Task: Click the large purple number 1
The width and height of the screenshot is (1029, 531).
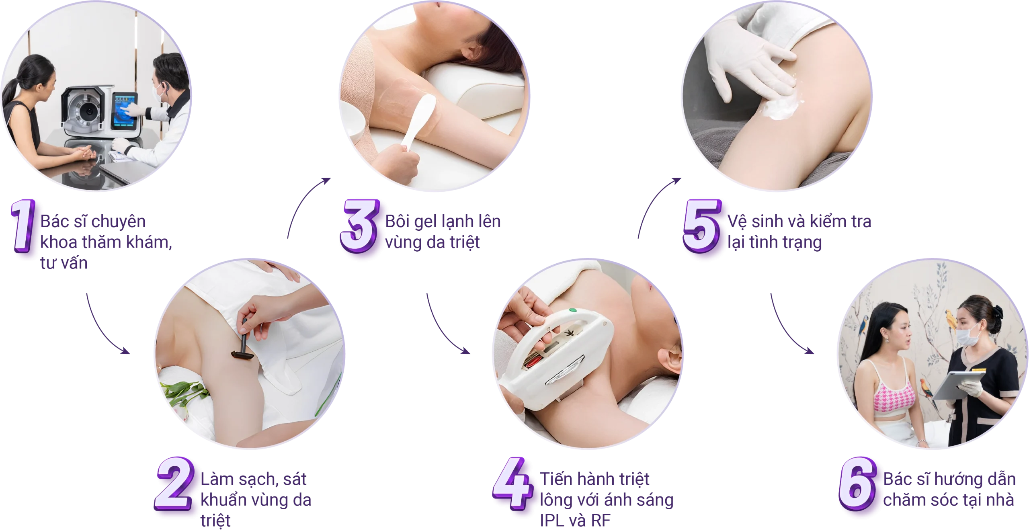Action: tap(23, 226)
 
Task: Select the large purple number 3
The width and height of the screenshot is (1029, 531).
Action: tap(359, 226)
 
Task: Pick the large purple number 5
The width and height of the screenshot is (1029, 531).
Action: tap(702, 226)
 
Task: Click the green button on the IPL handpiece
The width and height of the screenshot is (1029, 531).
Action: tap(572, 310)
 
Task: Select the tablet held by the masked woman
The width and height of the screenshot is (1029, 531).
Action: tap(958, 385)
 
